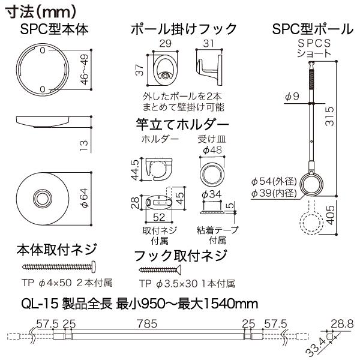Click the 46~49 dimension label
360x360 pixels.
pyautogui.click(x=85, y=70)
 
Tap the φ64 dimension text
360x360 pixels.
pyautogui.click(x=85, y=198)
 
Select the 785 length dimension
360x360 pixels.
pyautogui.click(x=148, y=324)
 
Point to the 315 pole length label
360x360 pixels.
pyautogui.click(x=330, y=116)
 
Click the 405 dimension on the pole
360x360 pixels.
pyautogui.click(x=330, y=215)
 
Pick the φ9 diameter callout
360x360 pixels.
pyautogui.click(x=292, y=97)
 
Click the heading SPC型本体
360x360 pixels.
pyautogui.click(x=55, y=29)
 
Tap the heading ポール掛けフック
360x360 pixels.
pyautogui.click(x=184, y=29)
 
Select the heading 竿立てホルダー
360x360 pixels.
pyautogui.click(x=182, y=124)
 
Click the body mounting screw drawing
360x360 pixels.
pyautogui.click(x=59, y=266)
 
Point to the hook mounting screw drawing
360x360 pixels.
pyautogui.click(x=160, y=269)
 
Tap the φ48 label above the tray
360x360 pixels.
pyautogui.click(x=212, y=150)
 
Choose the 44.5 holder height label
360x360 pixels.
pyautogui.click(x=136, y=170)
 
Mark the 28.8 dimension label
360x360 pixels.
pyautogui.click(x=342, y=324)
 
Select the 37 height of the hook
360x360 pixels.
pyautogui.click(x=140, y=70)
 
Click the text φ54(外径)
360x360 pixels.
pyautogui.click(x=274, y=182)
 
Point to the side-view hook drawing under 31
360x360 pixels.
pyautogui.click(x=209, y=70)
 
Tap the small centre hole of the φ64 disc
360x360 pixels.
pyautogui.click(x=43, y=198)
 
